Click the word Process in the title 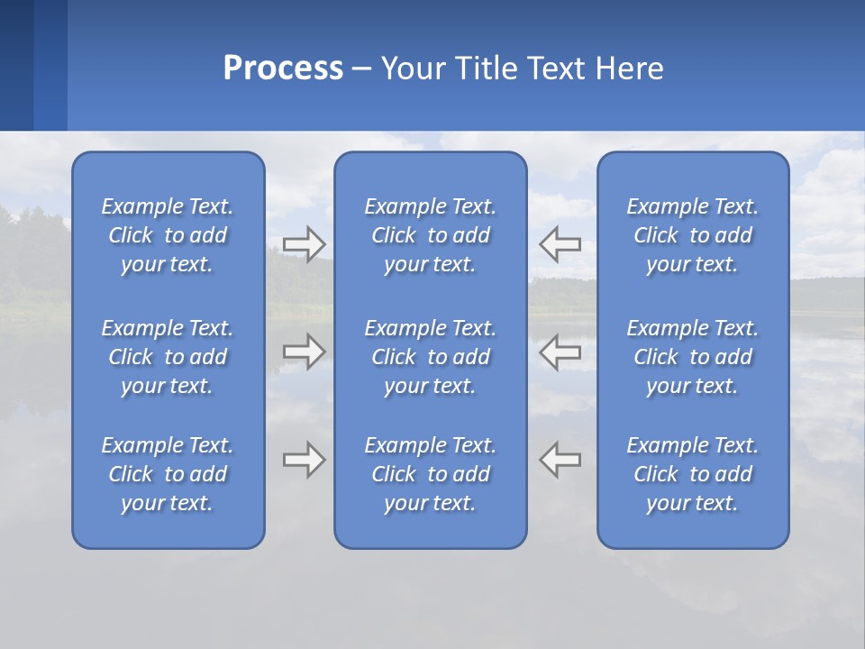click(283, 69)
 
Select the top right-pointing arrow click(304, 243)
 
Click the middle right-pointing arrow click(304, 352)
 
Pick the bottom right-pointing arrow click(304, 460)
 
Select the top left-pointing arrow click(560, 243)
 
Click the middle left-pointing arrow click(560, 352)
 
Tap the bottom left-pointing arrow click(560, 460)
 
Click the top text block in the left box click(168, 235)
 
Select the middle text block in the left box click(168, 357)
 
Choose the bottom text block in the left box click(168, 474)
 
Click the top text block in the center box click(430, 235)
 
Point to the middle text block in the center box click(430, 357)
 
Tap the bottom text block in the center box click(430, 474)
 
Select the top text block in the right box click(692, 235)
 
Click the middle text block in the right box click(692, 357)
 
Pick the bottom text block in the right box click(692, 474)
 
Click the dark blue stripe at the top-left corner click(16, 65)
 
